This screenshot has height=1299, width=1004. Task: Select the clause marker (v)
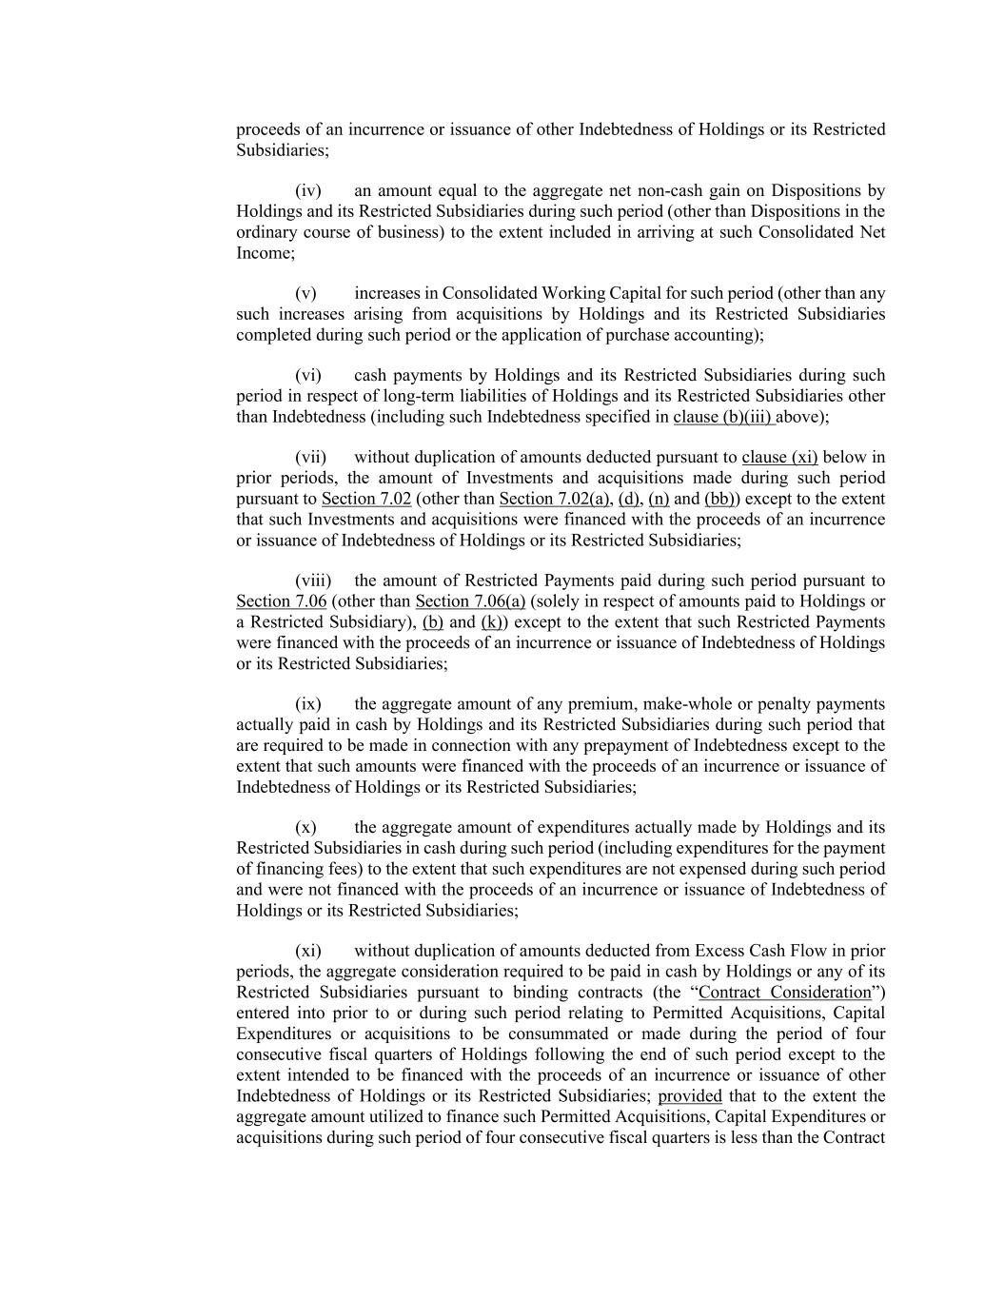pyautogui.click(x=305, y=294)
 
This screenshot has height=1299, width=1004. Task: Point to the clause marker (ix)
pyautogui.click(x=307, y=705)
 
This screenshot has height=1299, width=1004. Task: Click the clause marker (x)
pyautogui.click(x=305, y=828)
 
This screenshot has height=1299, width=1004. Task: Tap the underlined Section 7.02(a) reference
pyautogui.click(x=554, y=499)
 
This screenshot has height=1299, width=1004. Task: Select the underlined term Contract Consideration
pyautogui.click(x=785, y=993)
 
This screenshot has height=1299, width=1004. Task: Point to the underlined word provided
pyautogui.click(x=690, y=1096)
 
